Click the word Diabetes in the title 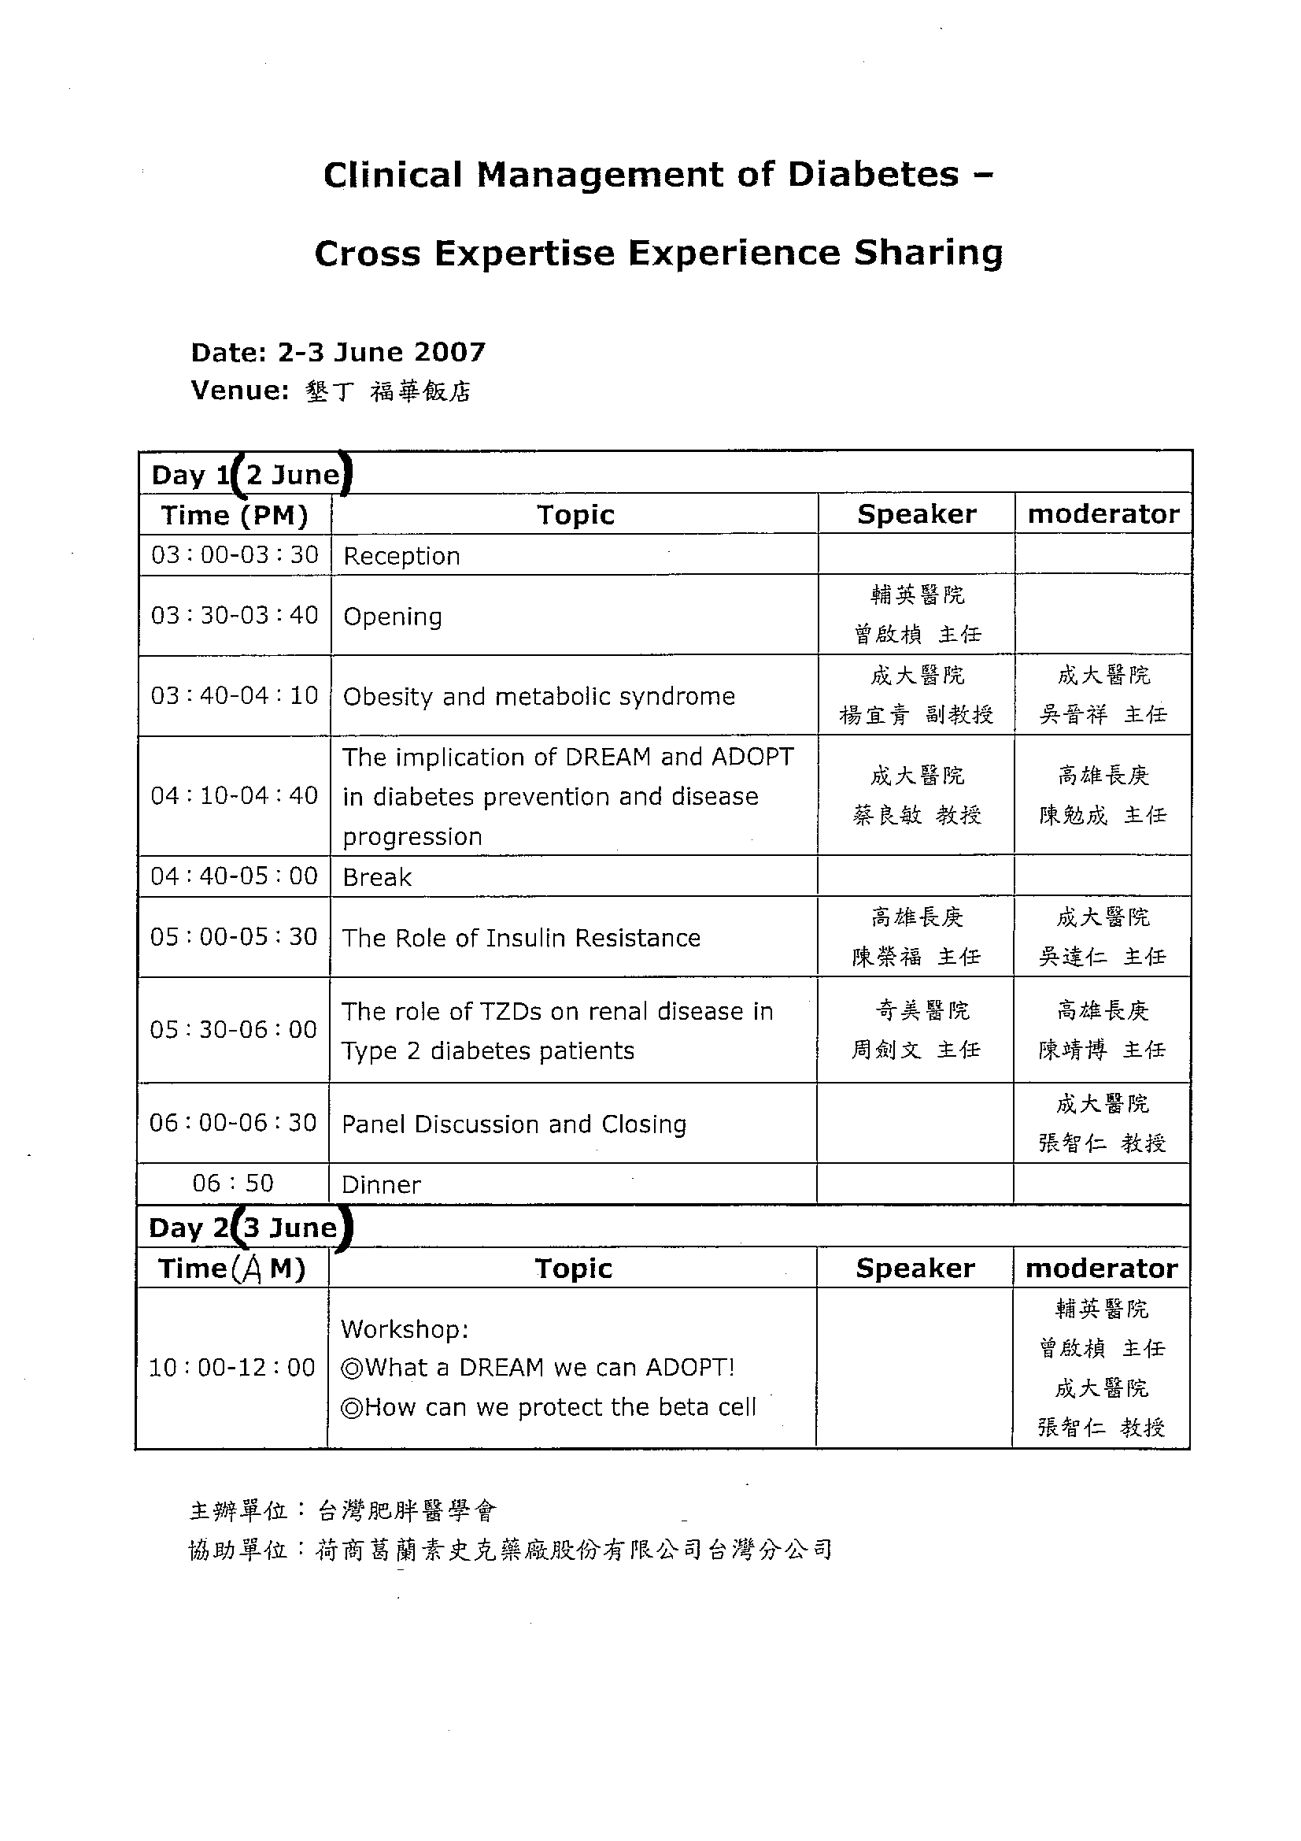point(873,175)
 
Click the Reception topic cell point(401,556)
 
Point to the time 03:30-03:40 point(234,615)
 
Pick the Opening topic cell point(393,616)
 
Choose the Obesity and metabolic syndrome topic point(538,696)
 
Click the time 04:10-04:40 point(234,795)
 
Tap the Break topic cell point(377,877)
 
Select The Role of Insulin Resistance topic point(521,937)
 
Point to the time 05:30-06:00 point(233,1029)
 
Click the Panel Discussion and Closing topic point(514,1124)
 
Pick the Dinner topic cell point(381,1184)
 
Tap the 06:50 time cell point(232,1183)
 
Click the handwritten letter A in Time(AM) point(251,1270)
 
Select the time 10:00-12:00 point(231,1367)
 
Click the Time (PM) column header point(234,515)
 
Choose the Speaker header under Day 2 point(915,1269)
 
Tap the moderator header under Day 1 point(1103,514)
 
